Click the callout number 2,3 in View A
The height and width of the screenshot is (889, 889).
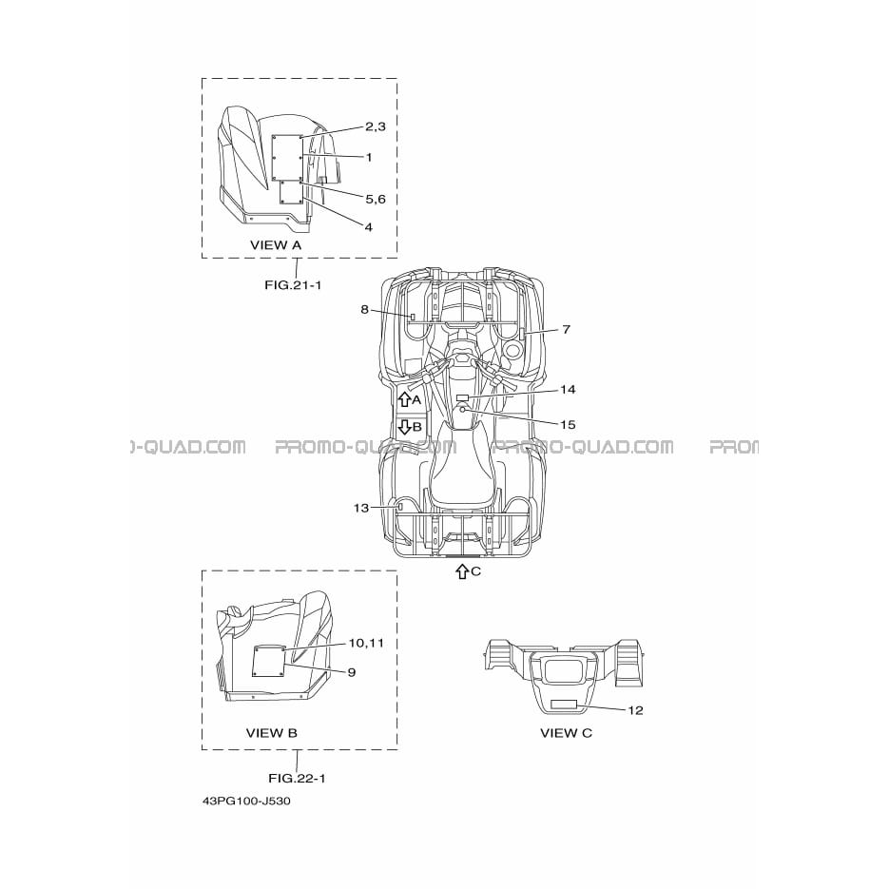point(376,127)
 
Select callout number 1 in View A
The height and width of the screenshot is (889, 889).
point(369,157)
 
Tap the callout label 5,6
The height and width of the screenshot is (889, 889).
point(376,199)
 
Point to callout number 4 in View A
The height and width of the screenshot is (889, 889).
point(369,227)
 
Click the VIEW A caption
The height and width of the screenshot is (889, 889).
point(276,245)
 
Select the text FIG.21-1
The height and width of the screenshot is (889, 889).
point(293,284)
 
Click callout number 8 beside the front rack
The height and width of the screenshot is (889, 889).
point(364,310)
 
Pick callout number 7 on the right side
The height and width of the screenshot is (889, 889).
point(567,329)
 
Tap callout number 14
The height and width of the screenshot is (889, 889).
point(568,390)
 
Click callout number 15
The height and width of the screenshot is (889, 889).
point(568,425)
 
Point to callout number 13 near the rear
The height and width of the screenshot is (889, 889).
point(361,508)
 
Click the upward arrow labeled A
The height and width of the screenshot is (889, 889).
point(404,399)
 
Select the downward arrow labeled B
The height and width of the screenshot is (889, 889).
point(404,427)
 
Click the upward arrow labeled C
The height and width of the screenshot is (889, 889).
point(462,571)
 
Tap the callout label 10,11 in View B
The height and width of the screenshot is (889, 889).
point(366,643)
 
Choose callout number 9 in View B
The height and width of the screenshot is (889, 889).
point(352,672)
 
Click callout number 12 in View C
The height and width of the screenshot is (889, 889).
point(636,710)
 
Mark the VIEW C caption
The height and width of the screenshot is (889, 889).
point(567,733)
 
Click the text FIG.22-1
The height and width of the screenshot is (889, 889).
point(297,779)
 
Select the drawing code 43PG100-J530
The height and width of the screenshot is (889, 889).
point(246,802)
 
